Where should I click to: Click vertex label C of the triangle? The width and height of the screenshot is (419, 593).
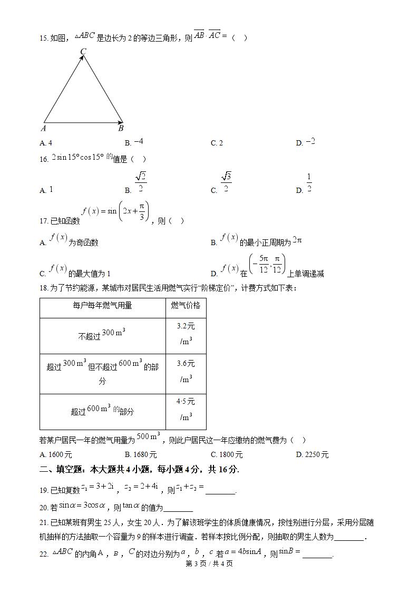(83, 51)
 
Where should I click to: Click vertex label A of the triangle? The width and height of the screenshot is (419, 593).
(43, 128)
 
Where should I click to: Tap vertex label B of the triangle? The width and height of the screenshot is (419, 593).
(121, 128)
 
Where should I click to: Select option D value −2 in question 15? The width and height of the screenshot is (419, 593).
(310, 142)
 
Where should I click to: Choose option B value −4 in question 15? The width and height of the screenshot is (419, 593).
(139, 142)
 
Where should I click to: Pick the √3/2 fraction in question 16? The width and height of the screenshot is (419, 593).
(226, 182)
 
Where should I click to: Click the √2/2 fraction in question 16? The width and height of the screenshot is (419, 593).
(140, 182)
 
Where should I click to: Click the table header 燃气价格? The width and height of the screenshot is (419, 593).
(186, 306)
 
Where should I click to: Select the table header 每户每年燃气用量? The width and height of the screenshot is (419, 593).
(102, 306)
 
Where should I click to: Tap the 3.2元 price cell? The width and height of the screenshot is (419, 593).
(186, 334)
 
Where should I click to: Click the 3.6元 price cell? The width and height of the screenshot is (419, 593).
(186, 371)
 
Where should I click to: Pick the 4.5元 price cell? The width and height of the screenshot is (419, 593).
(186, 409)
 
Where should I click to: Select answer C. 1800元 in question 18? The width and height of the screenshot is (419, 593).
(227, 454)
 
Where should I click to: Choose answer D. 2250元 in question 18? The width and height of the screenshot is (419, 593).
(312, 454)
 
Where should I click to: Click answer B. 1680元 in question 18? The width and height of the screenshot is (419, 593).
(141, 454)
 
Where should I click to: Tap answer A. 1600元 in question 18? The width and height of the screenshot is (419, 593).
(56, 454)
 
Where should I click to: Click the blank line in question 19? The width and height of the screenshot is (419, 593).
(220, 491)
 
